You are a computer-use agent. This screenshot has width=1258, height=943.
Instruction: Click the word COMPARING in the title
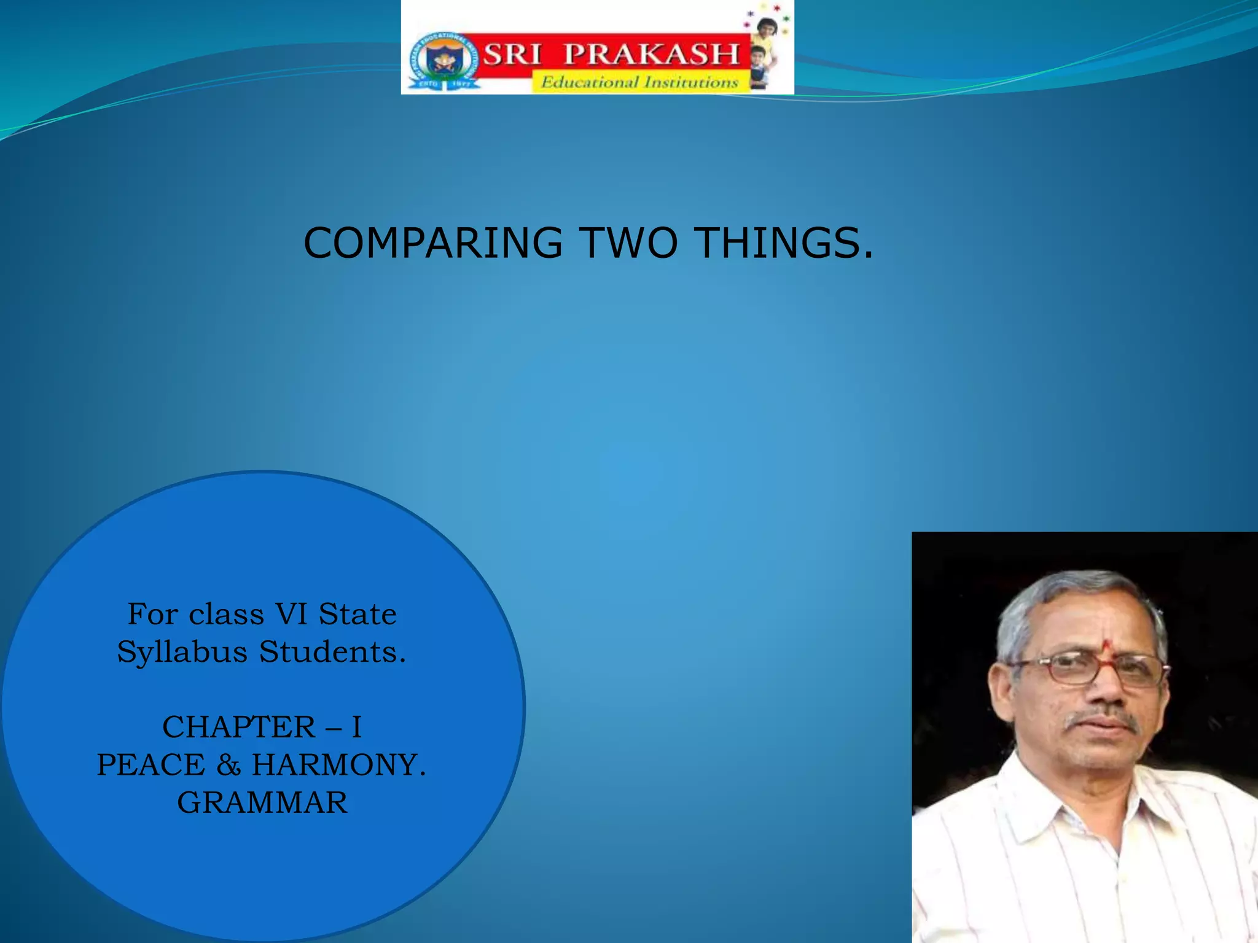(432, 243)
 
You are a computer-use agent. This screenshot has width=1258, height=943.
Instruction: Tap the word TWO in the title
(628, 243)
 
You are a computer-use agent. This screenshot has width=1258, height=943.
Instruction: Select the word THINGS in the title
(779, 243)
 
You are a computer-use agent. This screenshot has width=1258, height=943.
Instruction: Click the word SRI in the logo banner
(513, 55)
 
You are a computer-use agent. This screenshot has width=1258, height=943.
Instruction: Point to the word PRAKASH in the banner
(651, 55)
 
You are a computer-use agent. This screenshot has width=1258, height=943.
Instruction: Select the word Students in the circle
(332, 651)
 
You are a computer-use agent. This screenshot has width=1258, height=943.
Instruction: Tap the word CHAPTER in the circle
(239, 728)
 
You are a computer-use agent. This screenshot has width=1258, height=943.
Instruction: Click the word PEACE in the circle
(151, 765)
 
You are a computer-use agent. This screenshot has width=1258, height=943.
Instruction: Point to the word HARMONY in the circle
(338, 765)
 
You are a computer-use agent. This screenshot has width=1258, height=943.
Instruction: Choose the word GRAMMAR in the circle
(262, 803)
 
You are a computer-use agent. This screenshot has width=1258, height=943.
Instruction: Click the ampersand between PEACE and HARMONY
(229, 766)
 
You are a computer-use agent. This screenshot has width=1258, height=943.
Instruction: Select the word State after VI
(357, 614)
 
